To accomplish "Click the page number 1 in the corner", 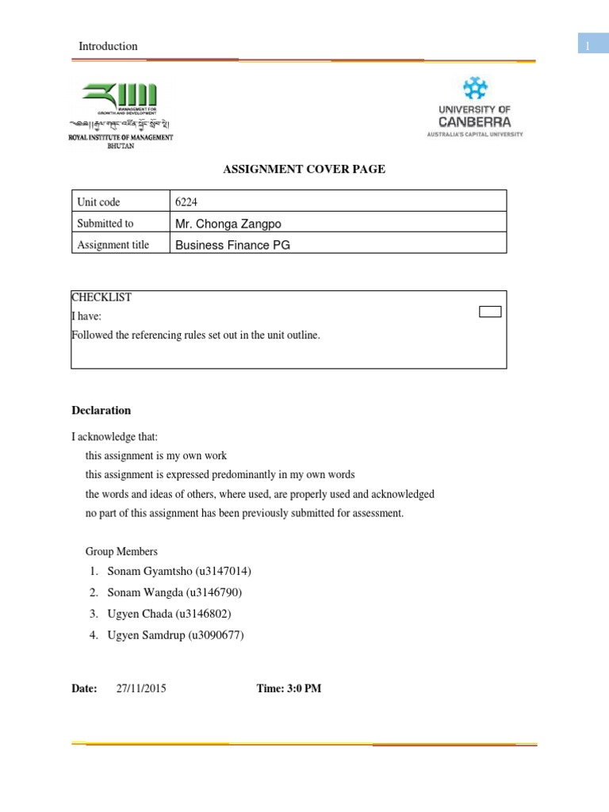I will tap(588, 47).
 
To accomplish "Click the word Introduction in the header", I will tap(108, 46).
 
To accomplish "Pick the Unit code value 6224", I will tap(186, 202).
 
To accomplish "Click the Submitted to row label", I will tap(105, 224).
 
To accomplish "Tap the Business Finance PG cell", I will tap(232, 245).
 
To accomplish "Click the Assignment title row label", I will tap(113, 245).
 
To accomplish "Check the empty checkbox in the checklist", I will tap(490, 312).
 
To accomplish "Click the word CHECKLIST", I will tap(101, 297).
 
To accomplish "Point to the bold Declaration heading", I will tap(101, 411).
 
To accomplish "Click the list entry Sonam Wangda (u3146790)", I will tap(174, 592).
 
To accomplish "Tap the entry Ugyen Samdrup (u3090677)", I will tap(176, 634).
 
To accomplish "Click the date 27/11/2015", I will tap(141, 688).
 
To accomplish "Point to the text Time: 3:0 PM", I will tap(289, 688).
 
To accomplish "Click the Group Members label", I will tap(121, 551).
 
